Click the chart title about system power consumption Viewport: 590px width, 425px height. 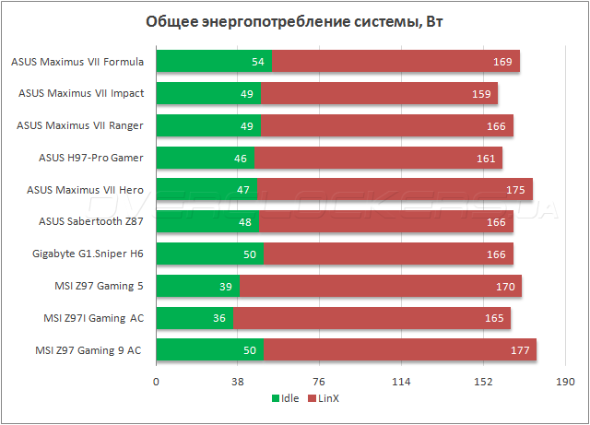pos(294,21)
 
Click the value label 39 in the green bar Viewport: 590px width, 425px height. pos(225,287)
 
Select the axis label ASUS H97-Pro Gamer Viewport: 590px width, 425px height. pos(91,158)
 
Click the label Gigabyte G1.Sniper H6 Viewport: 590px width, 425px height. pos(88,254)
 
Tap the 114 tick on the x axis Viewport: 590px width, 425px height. pos(401,382)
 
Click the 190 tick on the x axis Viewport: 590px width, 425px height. pos(565,382)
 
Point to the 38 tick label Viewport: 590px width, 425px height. pos(238,382)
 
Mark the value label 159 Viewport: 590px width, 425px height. pos(481,94)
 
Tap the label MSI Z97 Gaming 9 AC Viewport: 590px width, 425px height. pos(88,350)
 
